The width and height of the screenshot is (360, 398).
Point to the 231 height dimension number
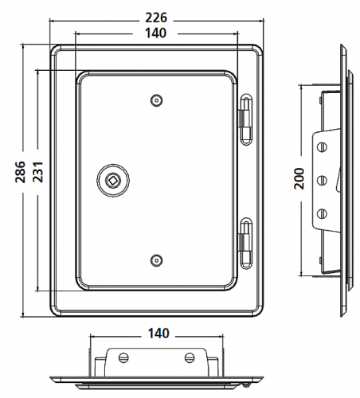pos(32,167)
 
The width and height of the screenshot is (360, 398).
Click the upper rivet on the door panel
pos(155,100)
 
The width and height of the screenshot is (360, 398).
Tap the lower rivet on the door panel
pos(155,259)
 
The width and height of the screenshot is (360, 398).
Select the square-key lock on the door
pos(112,180)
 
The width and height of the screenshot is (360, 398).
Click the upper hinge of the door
pos(246,114)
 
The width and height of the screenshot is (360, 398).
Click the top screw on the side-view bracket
pos(323,146)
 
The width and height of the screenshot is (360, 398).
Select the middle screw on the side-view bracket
pos(323,179)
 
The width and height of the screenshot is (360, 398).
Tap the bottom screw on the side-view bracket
pos(323,212)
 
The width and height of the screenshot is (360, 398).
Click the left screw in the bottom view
pos(123,357)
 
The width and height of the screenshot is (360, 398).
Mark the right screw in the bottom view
pos(190,357)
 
